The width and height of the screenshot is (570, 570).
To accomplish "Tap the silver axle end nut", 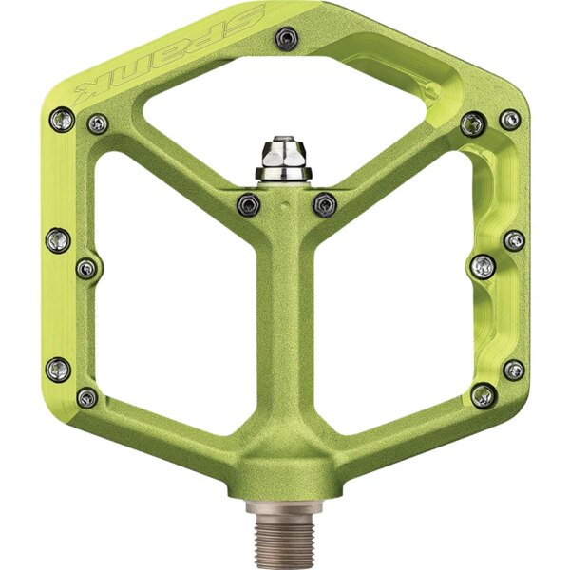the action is [x=284, y=159].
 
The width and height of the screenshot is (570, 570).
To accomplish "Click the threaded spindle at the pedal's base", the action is [x=284, y=537].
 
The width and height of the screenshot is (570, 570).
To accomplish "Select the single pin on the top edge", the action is [x=287, y=38].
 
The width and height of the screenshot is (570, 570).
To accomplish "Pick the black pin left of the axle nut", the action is [x=249, y=205].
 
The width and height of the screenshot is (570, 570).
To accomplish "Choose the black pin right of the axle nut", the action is [x=325, y=205].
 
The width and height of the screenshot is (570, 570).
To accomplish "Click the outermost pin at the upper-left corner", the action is [x=62, y=120].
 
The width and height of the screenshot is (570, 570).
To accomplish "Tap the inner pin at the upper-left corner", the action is [x=98, y=123].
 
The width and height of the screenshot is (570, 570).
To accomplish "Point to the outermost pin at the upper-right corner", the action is [x=509, y=120].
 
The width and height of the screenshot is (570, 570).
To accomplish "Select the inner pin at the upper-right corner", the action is [x=473, y=124].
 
